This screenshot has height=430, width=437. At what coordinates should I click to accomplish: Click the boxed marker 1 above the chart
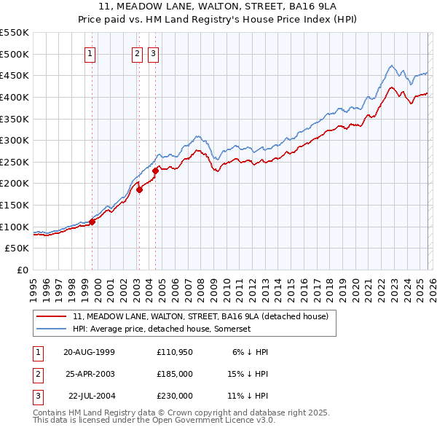(x=90, y=52)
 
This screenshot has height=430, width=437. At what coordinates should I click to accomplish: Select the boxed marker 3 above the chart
(x=154, y=52)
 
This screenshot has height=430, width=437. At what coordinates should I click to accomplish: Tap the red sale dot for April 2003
(x=139, y=189)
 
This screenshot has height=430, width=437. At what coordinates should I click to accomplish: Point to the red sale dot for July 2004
(x=155, y=170)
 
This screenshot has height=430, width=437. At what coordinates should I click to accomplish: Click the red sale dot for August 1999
(x=92, y=222)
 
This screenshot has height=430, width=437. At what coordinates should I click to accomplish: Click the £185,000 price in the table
(x=175, y=373)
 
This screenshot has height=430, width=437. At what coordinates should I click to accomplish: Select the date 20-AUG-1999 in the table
(x=90, y=351)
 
